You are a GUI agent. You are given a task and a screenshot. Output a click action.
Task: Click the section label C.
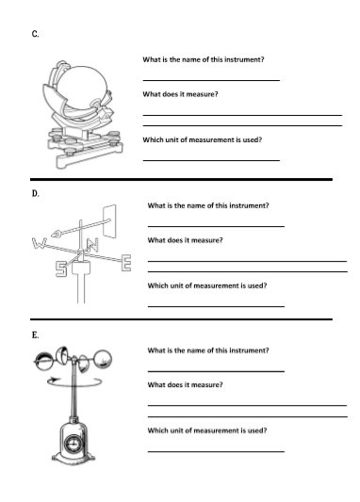[35, 34]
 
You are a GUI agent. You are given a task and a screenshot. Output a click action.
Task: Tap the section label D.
[35, 193]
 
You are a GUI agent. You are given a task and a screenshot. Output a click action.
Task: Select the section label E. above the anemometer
[35, 334]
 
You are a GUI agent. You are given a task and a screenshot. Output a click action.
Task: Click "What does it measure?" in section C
[180, 94]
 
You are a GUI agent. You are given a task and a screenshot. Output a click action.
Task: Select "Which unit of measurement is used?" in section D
[206, 284]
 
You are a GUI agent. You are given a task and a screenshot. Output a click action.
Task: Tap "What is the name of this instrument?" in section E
[207, 349]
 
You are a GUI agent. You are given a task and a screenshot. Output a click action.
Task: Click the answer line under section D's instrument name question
[216, 226]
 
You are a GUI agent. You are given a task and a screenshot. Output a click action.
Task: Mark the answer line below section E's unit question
[216, 451]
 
